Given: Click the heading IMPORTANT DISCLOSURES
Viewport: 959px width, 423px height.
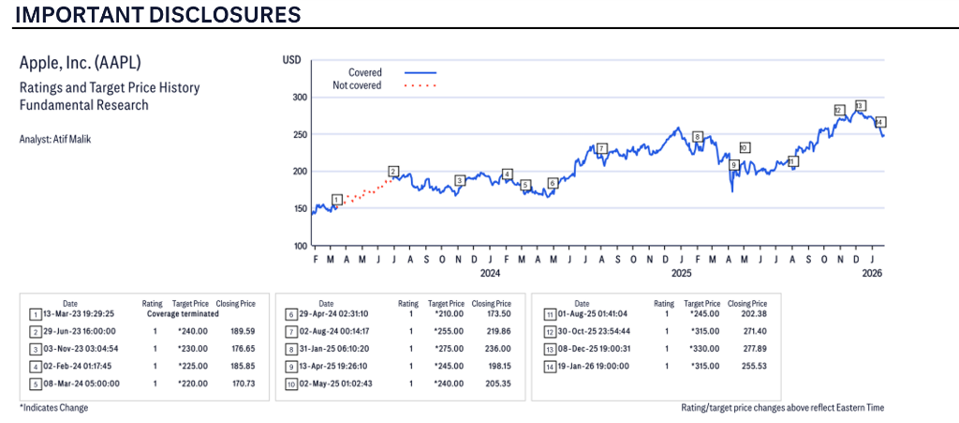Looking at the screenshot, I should coord(157,15).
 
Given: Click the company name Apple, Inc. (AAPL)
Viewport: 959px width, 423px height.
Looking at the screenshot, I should coord(80,63).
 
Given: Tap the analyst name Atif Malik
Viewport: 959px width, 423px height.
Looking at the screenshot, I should coord(56,139).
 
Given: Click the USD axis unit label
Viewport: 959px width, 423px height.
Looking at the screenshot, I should coord(291,60).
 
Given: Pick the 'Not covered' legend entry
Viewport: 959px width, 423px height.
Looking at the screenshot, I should coord(357,85).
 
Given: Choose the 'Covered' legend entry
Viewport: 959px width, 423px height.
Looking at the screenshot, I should coord(364,72).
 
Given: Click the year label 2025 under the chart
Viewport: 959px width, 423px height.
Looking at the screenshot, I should coord(681,273).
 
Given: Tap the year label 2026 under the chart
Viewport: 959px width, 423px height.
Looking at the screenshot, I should coord(871,273).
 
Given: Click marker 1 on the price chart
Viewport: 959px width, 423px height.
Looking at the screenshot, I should coord(337,199).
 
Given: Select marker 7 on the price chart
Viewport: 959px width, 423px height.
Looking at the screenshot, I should coord(601,148).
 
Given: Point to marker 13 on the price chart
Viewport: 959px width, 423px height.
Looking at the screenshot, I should coord(860,105).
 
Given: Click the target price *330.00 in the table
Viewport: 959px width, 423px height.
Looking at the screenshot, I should coord(702,348).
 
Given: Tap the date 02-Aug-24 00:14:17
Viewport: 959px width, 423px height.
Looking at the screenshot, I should coord(326,331).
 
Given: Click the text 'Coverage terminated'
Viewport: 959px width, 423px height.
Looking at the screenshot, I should coord(182,314).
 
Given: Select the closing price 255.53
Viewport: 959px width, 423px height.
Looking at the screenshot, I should coord(746,365).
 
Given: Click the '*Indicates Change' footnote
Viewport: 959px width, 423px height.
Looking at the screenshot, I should coord(54,408).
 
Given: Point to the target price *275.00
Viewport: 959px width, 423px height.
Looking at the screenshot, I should coord(446,348).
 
